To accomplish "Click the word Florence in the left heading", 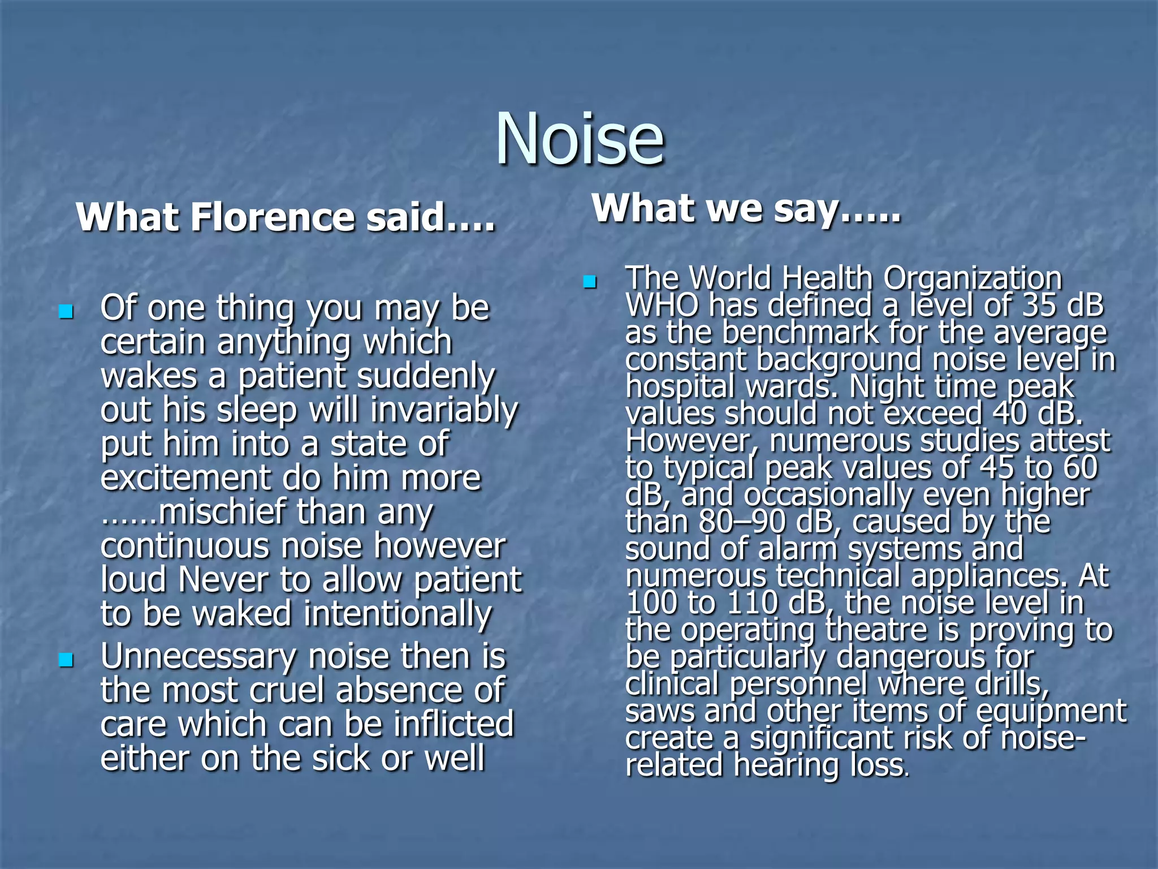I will pyautogui.click(x=274, y=217).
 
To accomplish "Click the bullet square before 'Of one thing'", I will pyautogui.click(x=66, y=311).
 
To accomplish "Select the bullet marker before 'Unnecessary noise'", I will pyautogui.click(x=66, y=660).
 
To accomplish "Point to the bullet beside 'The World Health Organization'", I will pyautogui.click(x=590, y=281).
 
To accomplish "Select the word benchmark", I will pyautogui.click(x=800, y=333).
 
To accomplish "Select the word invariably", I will pyautogui.click(x=444, y=411).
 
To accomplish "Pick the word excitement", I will pyautogui.click(x=186, y=479).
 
